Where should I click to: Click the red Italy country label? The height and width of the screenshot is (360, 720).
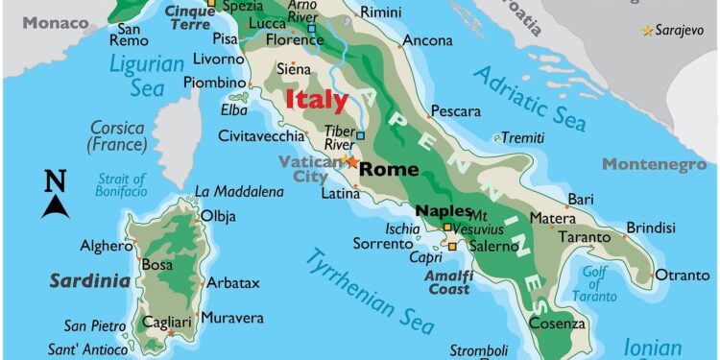tap(317, 100)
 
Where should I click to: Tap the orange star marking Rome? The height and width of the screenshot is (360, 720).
tap(351, 162)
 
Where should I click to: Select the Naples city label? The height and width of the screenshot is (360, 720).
tap(443, 210)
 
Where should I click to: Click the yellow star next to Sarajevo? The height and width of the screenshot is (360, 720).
tap(648, 31)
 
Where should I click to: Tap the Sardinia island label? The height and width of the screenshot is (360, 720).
tap(89, 281)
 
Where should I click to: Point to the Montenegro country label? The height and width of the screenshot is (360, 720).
tap(655, 164)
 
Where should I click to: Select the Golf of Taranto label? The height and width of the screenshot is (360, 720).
tap(595, 282)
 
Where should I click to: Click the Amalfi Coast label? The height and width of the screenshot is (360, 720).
tap(449, 282)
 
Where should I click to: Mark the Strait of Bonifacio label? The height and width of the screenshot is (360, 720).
tap(122, 185)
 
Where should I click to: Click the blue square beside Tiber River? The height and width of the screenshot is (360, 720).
tap(360, 134)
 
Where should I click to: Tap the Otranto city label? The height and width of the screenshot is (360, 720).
tap(684, 276)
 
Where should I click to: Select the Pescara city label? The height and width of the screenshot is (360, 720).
tap(456, 111)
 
